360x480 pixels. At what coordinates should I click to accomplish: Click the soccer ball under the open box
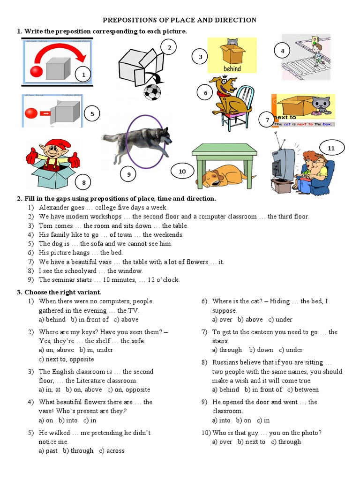coord(152,92)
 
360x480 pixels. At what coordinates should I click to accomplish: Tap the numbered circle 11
coord(331,149)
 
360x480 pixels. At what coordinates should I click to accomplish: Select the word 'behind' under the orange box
coord(232,69)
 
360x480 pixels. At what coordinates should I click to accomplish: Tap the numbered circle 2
coord(169,47)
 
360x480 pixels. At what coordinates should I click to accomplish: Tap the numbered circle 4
coord(282,51)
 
